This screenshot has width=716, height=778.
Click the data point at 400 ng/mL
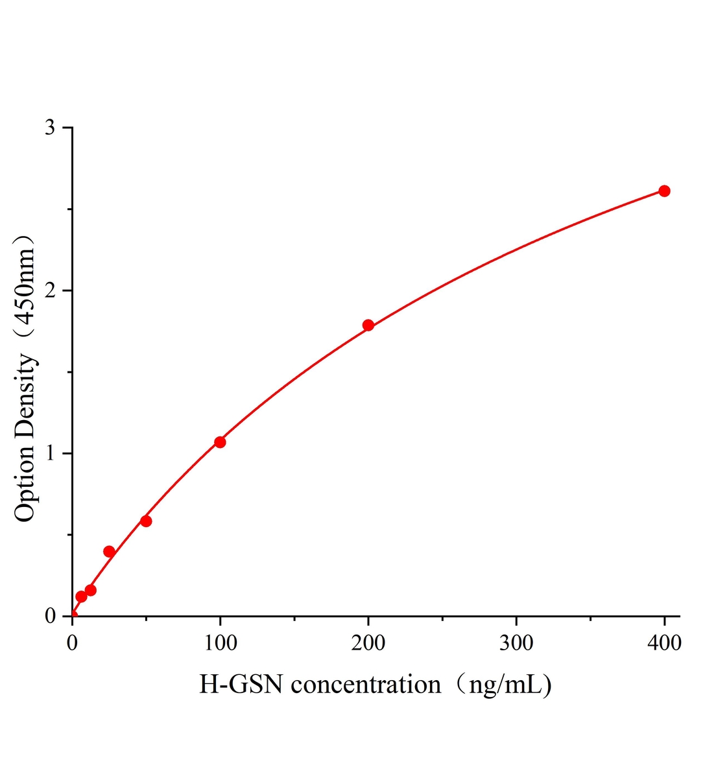[x=664, y=191]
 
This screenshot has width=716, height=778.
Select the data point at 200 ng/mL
[x=368, y=325]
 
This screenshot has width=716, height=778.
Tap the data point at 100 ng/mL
[x=220, y=442]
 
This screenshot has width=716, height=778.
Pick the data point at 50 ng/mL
[x=146, y=521]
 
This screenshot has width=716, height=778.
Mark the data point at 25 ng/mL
[x=109, y=552]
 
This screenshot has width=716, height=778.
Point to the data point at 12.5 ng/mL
[x=91, y=590]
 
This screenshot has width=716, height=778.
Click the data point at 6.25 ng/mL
[x=81, y=596]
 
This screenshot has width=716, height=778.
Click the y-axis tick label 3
[x=50, y=128]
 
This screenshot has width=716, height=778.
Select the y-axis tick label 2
[x=50, y=290]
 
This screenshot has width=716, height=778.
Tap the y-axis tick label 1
[x=50, y=453]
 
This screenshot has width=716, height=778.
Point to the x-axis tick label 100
[x=220, y=643]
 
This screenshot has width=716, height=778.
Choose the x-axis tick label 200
[x=368, y=643]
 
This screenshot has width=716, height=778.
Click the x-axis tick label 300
[x=516, y=643]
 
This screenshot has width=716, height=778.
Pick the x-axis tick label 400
[x=664, y=643]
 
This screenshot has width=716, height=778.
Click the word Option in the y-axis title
[x=25, y=484]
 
